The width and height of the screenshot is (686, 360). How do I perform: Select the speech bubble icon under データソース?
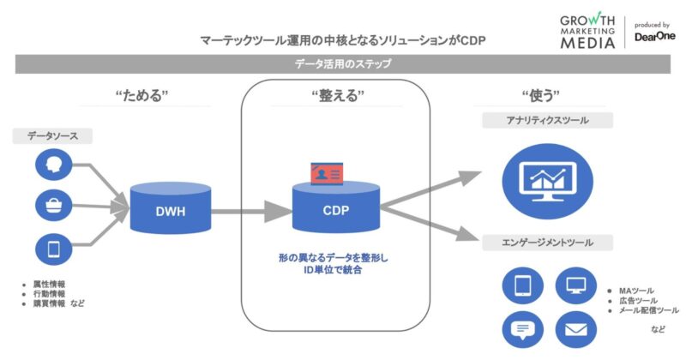click(x=53, y=165)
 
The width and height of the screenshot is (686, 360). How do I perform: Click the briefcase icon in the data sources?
click(x=53, y=206)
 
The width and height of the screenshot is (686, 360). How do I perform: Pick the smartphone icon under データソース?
click(x=53, y=249)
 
